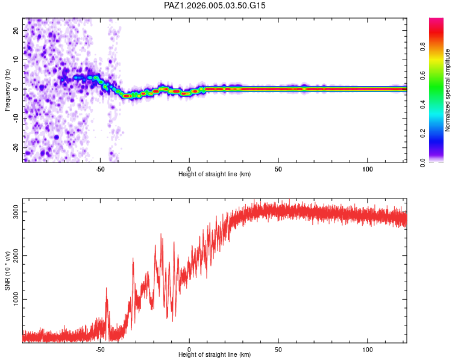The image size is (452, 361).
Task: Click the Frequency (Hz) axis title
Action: (x=7, y=90)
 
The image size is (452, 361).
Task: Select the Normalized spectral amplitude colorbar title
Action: (x=448, y=90)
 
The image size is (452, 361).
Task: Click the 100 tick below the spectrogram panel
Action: (x=368, y=168)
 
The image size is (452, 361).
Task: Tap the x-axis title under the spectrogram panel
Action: (x=215, y=174)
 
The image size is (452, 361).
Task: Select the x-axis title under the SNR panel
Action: (x=215, y=355)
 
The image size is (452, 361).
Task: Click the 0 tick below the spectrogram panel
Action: (x=189, y=168)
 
